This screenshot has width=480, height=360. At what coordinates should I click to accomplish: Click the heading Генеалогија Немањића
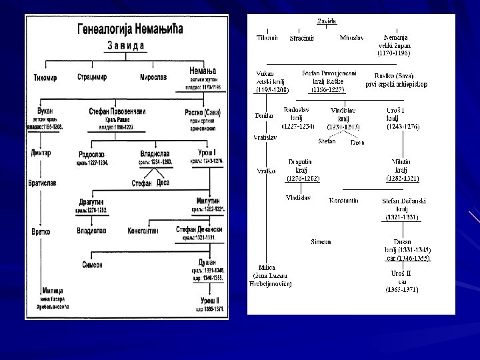[130, 29]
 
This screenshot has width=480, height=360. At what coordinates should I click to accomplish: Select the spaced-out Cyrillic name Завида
[127, 46]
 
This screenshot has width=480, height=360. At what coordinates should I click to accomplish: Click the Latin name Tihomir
[267, 38]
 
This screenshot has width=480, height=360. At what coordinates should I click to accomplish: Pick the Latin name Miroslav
[351, 38]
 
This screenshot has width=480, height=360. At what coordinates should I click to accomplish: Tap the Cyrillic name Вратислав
[45, 181]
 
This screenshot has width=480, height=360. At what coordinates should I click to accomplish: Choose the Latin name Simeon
[323, 241]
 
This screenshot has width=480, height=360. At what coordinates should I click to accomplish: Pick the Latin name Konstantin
[344, 200]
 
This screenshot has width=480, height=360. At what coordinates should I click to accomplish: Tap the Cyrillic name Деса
[163, 183]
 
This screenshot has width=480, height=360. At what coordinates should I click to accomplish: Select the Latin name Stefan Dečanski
[405, 200]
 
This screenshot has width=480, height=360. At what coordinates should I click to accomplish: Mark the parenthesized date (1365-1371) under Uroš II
[402, 290]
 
